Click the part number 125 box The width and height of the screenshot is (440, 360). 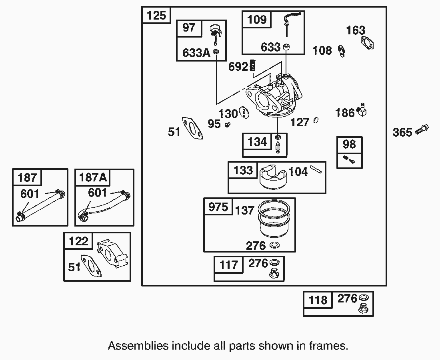(x=156, y=16)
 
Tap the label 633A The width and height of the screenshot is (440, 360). (x=196, y=53)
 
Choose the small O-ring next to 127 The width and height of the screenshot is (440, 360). (x=316, y=120)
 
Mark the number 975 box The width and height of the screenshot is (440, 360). (x=218, y=207)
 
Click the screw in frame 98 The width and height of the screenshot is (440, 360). (x=349, y=161)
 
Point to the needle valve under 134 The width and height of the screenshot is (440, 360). (x=278, y=146)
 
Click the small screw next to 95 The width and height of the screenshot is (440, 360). (x=228, y=125)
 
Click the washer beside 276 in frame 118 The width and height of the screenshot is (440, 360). (x=364, y=298)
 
